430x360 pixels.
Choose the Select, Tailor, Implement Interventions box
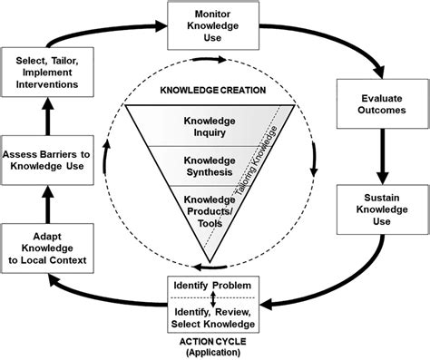point(51,71)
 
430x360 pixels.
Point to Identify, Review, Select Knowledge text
point(215,316)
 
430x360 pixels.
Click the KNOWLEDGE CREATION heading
point(214,92)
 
